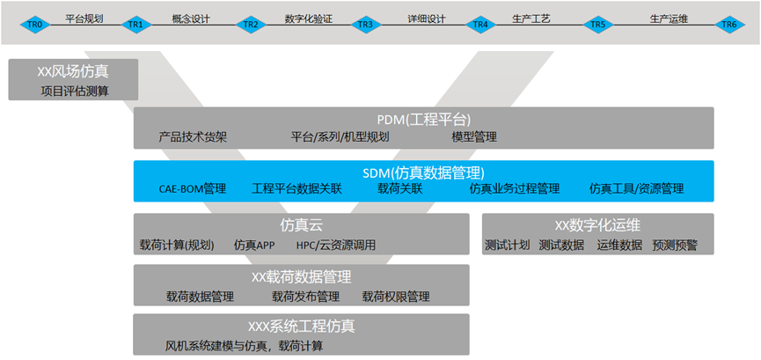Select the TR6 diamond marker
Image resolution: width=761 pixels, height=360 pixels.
click(728, 25)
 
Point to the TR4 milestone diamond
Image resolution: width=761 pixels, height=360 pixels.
click(480, 25)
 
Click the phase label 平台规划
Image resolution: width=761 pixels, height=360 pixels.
click(84, 17)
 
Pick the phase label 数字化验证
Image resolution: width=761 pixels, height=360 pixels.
click(309, 17)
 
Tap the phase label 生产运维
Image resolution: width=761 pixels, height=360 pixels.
click(668, 17)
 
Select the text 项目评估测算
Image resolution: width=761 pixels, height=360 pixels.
click(75, 90)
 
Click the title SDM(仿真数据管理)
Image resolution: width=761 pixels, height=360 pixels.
click(423, 173)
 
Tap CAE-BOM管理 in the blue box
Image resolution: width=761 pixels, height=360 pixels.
click(192, 188)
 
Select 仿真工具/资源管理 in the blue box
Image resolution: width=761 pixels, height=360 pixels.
click(636, 188)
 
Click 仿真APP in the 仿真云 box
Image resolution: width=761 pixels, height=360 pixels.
click(255, 245)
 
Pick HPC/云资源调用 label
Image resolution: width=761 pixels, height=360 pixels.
click(335, 245)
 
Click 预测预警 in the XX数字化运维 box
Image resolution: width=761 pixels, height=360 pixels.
click(676, 245)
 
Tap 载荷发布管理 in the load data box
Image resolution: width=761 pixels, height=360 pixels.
click(305, 297)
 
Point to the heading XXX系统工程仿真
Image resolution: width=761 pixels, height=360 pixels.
click(301, 327)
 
